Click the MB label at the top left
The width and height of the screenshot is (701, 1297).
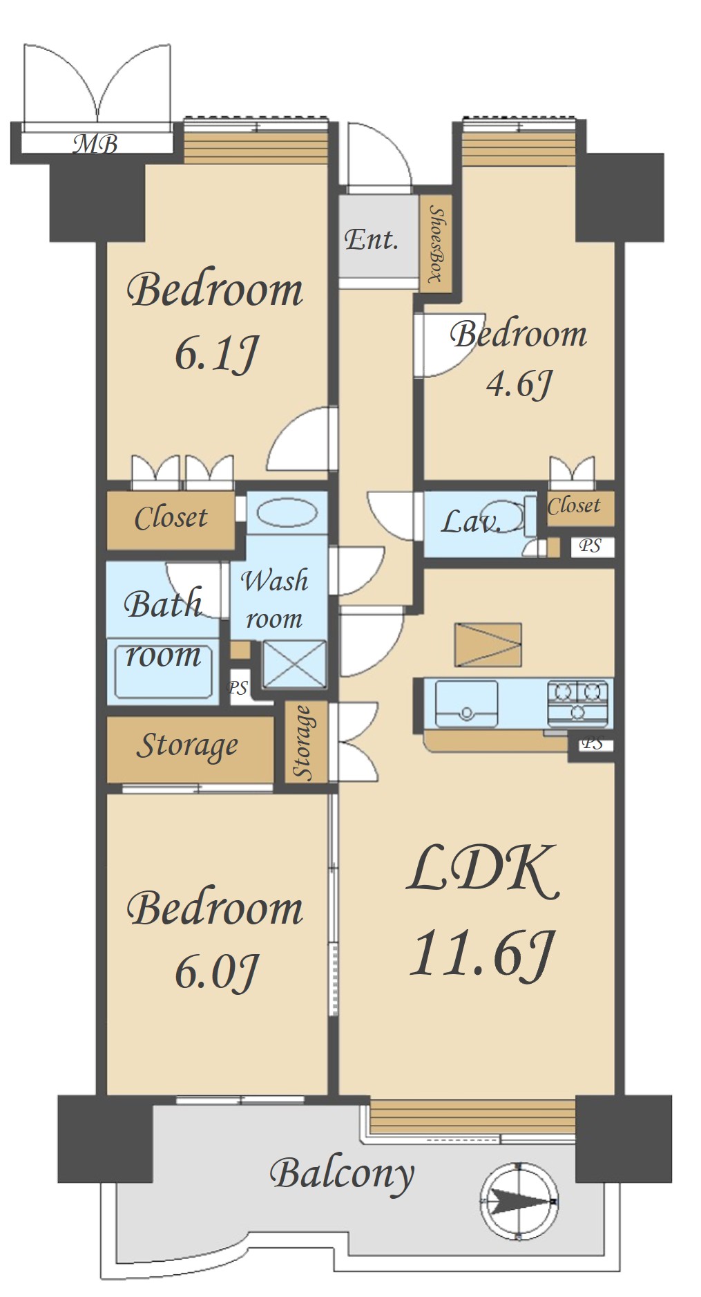point(96,144)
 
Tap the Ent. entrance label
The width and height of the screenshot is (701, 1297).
point(372,239)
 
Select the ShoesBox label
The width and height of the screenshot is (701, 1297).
point(435,244)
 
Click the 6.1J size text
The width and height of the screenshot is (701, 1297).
point(216,354)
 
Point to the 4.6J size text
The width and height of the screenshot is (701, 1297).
point(519,384)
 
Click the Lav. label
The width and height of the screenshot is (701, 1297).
point(470,521)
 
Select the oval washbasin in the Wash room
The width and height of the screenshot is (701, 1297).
point(287,512)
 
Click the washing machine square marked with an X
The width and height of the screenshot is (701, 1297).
point(294,664)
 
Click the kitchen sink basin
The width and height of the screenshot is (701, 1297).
point(466,703)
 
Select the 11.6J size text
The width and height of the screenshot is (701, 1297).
point(482,953)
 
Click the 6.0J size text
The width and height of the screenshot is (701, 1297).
point(216,972)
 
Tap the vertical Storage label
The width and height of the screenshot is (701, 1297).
point(303,742)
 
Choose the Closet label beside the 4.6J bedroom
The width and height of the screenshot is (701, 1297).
point(574,506)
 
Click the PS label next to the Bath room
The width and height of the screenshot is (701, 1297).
point(238,689)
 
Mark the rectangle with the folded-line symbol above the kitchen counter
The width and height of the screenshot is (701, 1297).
point(488,644)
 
